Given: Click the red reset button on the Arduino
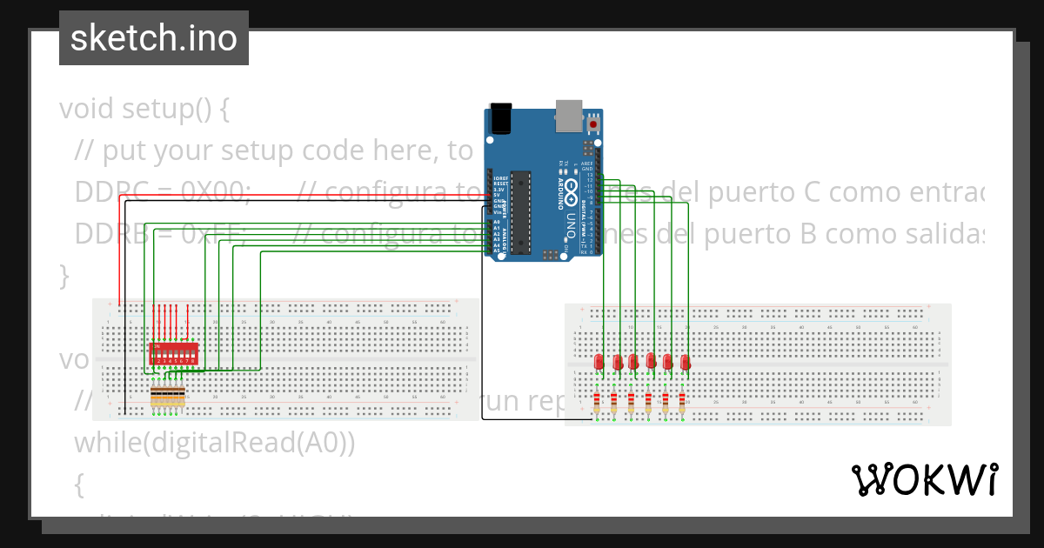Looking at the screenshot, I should click(x=594, y=122).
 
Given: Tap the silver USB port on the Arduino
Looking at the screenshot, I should click(x=569, y=114).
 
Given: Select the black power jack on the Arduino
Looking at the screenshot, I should click(x=501, y=118).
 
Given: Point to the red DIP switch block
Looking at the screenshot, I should click(x=174, y=353).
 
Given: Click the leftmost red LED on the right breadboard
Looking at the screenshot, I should click(x=599, y=362).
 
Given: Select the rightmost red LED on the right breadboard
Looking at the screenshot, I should click(x=685, y=362).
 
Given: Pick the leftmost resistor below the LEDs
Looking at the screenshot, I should click(x=597, y=403).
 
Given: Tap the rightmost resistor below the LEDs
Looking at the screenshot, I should click(x=682, y=403).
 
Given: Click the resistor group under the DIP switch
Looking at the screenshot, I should click(x=168, y=398).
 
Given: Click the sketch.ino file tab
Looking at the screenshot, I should click(x=154, y=38).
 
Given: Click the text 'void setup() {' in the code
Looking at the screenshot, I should click(x=144, y=110).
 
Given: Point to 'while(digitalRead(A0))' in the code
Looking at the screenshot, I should click(x=215, y=443).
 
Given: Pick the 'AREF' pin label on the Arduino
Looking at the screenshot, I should click(x=587, y=164).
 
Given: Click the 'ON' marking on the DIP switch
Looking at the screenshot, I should click(x=157, y=346).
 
